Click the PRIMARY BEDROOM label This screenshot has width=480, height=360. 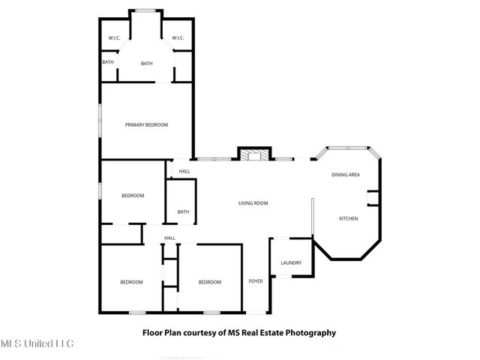tap(146, 124)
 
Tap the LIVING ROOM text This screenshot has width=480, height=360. tap(253, 203)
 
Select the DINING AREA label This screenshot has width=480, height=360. tap(346, 175)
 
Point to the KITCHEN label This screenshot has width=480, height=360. tap(348, 218)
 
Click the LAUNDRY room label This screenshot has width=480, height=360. tap(290, 262)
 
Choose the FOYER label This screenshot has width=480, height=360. tap(256, 281)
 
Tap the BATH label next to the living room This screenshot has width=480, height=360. tap(183, 212)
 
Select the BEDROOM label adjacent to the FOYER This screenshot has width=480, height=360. tap(209, 282)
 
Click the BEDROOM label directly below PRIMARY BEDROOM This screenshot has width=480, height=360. tap(133, 196)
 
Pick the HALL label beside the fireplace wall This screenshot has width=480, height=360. tap(184, 172)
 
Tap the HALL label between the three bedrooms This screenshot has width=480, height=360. tap(169, 238)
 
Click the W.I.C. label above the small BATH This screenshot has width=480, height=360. tap(115, 38)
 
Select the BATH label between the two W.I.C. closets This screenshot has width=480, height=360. tap(146, 64)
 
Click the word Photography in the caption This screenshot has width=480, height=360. tap(309, 332)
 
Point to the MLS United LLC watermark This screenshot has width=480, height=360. tap(37, 343)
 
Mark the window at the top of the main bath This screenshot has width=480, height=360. tap(146, 10)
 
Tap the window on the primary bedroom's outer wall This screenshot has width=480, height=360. tap(100, 120)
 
